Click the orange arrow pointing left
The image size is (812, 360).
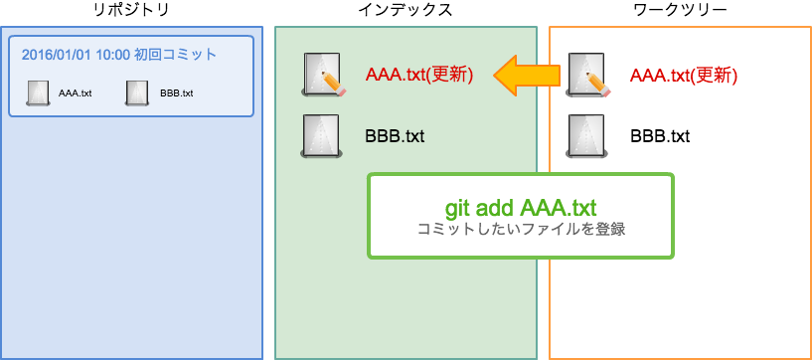(x=527, y=75)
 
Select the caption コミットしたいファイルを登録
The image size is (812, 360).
(x=521, y=229)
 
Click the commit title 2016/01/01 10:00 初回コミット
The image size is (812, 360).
(x=119, y=55)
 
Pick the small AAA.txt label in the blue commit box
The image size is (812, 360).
(x=76, y=93)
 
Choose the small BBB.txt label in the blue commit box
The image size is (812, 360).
(x=176, y=93)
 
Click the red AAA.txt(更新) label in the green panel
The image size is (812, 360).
(x=418, y=75)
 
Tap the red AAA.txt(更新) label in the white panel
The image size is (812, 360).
(x=684, y=75)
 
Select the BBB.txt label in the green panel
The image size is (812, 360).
(x=395, y=136)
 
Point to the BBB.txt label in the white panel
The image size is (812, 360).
(x=660, y=136)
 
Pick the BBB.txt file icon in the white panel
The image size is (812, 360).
(x=586, y=136)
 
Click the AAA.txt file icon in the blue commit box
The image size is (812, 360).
(x=38, y=92)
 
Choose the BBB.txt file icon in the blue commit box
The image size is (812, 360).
(x=137, y=92)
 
